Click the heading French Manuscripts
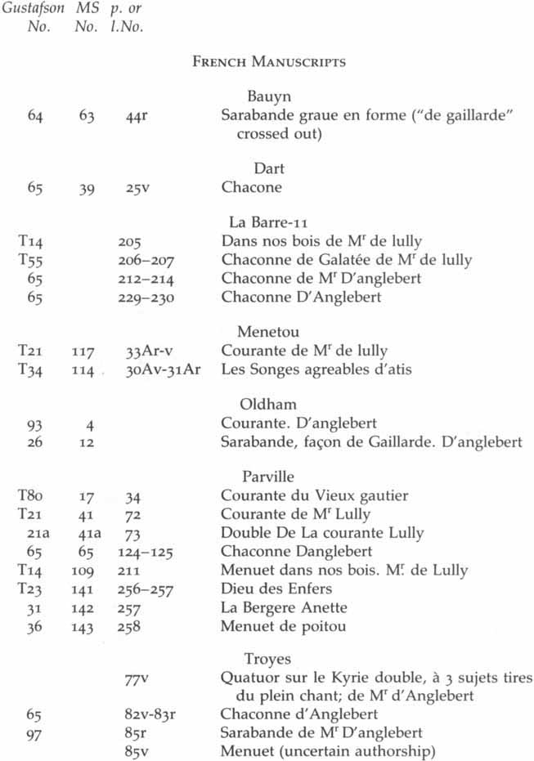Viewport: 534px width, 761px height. pyautogui.click(x=268, y=61)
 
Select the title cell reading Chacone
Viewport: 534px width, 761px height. pyautogui.click(x=251, y=188)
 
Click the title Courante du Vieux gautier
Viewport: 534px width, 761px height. pyautogui.click(x=315, y=495)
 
